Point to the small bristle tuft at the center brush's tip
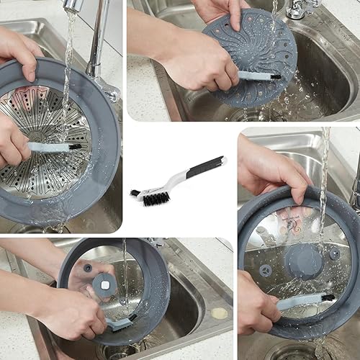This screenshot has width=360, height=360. (x=135, y=192)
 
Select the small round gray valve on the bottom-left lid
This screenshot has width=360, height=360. (x=87, y=268)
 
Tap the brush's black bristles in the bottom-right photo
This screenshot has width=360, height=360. (x=328, y=297)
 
